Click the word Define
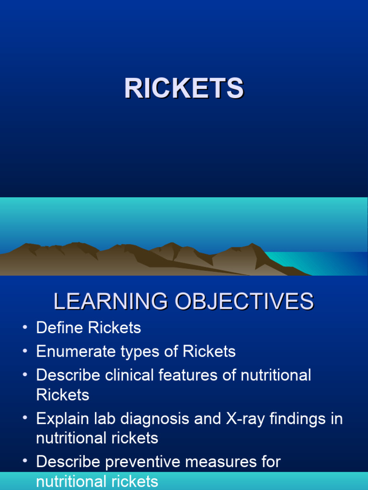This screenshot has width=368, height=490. tap(59, 328)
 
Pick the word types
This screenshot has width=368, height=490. tap(135, 352)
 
